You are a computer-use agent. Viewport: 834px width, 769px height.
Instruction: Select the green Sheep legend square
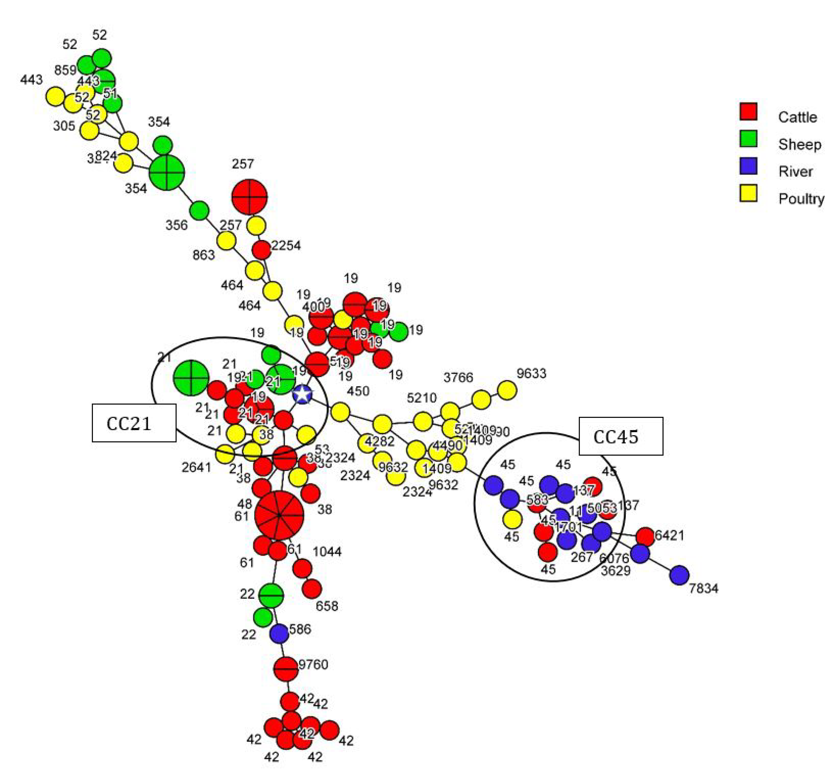click(748, 139)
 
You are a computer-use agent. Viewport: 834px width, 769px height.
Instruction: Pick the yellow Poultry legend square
click(748, 193)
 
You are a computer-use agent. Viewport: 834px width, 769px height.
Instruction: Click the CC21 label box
click(134, 423)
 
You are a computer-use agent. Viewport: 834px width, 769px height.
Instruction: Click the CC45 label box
click(621, 436)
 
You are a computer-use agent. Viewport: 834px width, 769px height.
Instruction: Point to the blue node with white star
click(302, 394)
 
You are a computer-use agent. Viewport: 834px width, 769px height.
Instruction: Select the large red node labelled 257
click(249, 197)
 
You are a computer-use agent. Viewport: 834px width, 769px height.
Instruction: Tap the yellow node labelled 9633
click(507, 390)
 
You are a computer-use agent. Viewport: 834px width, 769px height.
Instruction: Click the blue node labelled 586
click(279, 633)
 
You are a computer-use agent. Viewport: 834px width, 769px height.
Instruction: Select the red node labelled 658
click(312, 589)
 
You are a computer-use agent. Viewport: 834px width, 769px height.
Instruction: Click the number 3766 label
click(458, 377)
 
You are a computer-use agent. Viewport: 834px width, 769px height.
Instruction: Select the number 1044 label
click(327, 552)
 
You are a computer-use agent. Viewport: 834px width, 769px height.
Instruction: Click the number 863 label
click(203, 255)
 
